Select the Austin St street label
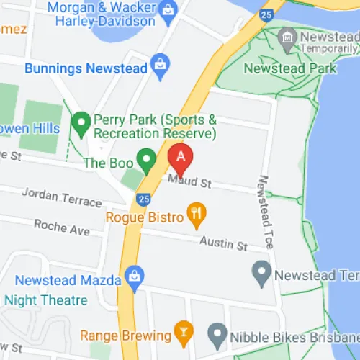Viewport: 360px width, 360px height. (223, 243)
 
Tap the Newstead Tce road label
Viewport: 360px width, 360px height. (265, 212)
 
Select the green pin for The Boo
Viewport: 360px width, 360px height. (148, 160)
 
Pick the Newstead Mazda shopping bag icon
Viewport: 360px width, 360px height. (133, 275)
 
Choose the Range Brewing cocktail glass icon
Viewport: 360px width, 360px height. (184, 333)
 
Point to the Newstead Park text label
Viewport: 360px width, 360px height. (289, 68)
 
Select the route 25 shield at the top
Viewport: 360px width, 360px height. (266, 14)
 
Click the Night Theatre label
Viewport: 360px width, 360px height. (46, 300)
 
